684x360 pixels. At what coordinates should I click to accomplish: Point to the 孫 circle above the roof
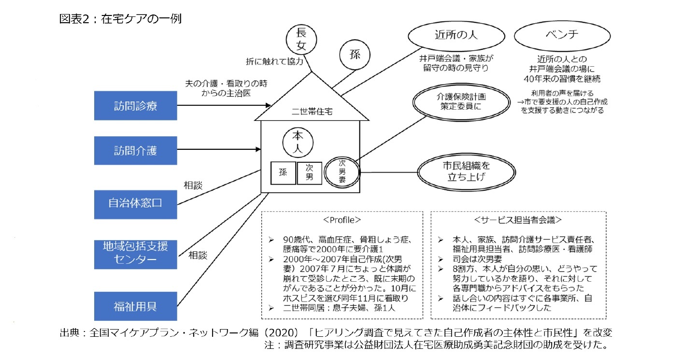pos(355,54)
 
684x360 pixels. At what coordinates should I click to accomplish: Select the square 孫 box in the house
pos(283,173)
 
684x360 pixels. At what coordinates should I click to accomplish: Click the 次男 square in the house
pos(309,173)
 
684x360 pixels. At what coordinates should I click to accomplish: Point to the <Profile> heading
pos(342,220)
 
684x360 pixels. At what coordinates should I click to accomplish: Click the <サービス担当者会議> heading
pos(518,220)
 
